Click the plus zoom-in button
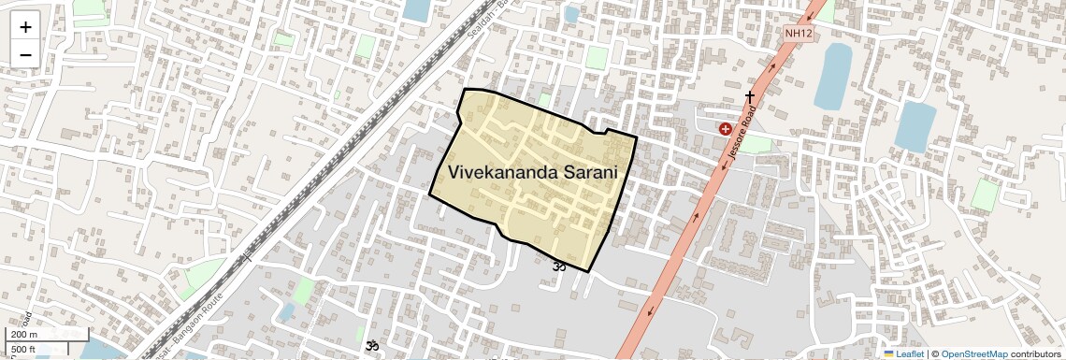click(25, 27)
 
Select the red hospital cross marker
click(725, 129)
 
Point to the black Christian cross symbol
click(749, 96)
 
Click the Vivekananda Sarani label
click(534, 172)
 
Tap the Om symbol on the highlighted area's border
click(559, 266)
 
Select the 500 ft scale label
click(23, 350)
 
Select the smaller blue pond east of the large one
click(915, 126)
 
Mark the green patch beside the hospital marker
click(756, 145)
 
